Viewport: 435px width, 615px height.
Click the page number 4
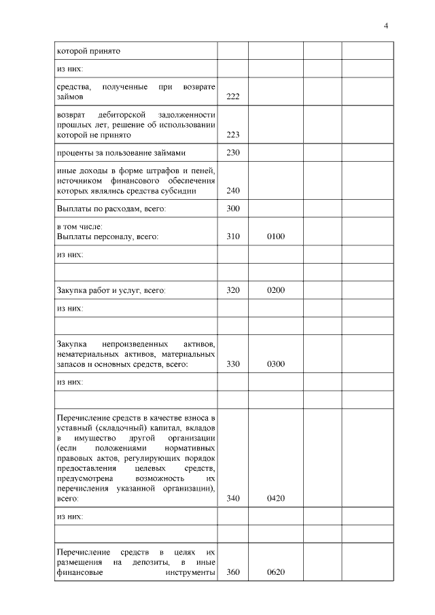(386, 26)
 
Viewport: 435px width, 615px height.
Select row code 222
(232, 96)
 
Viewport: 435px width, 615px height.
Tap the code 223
(232, 135)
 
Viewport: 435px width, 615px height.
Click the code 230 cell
(232, 152)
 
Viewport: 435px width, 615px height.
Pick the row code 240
(232, 191)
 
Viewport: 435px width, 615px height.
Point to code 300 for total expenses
(232, 209)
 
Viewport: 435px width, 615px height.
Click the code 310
(232, 236)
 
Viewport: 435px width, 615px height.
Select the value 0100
(275, 236)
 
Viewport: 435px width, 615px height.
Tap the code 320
(232, 291)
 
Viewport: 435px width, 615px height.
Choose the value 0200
(275, 291)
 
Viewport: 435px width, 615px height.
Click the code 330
(232, 364)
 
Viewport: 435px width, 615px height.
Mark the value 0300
(275, 364)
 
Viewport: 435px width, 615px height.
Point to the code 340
(232, 499)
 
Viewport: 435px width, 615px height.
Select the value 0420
(275, 499)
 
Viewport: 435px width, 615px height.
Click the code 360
(232, 572)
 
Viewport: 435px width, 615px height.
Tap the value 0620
(275, 572)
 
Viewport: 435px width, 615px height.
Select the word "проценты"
(73, 152)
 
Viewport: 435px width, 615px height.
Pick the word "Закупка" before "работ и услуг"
(72, 291)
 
